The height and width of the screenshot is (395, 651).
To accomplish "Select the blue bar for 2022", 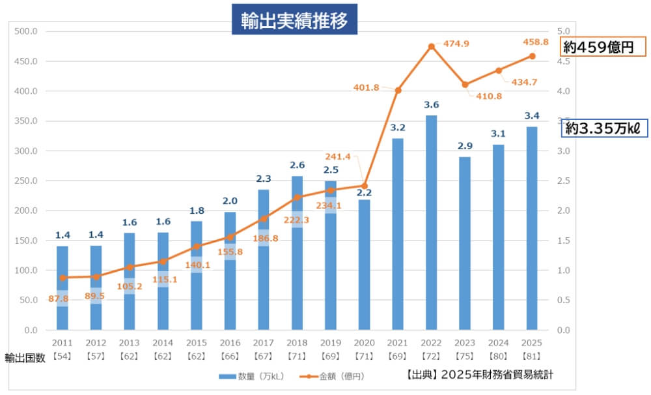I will pos(431,222).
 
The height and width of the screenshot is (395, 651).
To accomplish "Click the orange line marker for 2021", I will pos(398,90).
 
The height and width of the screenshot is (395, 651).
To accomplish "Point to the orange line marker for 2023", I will pos(465,85).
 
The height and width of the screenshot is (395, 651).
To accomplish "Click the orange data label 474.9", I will pos(456,44).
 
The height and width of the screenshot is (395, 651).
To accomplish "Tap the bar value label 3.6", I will pos(431,104).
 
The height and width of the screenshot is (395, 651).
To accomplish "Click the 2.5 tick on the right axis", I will pos(564,181).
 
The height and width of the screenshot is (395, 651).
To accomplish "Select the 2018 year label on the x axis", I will pos(297,343).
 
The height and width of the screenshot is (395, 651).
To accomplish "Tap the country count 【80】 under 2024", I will pos(498,357).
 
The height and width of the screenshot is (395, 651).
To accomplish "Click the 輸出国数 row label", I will pos(25,358).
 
